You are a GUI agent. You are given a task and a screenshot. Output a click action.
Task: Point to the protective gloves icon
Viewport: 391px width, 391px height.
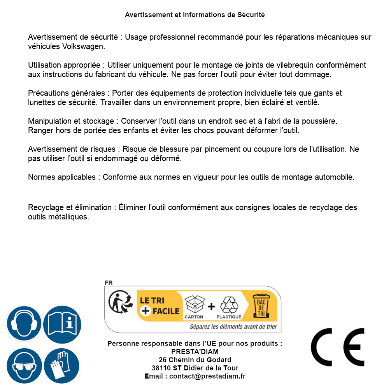point(62,366)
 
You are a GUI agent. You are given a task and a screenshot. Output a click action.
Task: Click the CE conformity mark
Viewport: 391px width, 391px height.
point(337,347)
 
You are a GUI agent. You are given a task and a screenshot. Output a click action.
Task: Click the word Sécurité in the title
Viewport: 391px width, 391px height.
point(251,15)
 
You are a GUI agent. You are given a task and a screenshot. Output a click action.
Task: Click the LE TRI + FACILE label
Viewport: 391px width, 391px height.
point(160,306)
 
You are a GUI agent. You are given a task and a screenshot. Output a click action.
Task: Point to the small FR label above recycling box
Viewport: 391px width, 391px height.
point(109,283)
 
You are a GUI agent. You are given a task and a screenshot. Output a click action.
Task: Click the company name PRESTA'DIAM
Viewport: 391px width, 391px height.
point(195,352)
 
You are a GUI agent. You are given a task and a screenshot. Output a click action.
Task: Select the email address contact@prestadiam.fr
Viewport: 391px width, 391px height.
point(207,376)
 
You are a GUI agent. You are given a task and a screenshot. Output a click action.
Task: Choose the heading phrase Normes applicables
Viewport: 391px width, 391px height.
point(61,177)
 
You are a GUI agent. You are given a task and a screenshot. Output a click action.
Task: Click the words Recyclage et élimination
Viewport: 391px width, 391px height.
point(70,208)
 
